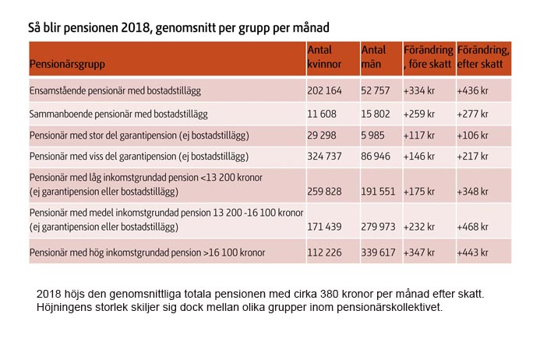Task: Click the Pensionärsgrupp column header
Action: pos(67,64)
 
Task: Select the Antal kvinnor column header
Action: pos(324,57)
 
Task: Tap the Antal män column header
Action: pos(373,57)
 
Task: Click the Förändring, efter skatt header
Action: pos(483,57)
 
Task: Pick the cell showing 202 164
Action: pos(324,90)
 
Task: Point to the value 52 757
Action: pos(376,90)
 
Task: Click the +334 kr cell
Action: pos(418,90)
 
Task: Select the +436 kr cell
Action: pos(472,90)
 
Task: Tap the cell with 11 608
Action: pos(322,114)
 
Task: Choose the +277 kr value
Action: pos(472,114)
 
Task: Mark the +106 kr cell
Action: pos(472,135)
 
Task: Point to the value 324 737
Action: pos(324,157)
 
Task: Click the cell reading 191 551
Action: pos(378,192)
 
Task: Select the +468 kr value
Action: pos(472,227)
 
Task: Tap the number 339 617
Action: pos(378,252)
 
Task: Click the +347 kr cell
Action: pos(418,252)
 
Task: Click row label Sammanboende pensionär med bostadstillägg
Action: pos(118,115)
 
